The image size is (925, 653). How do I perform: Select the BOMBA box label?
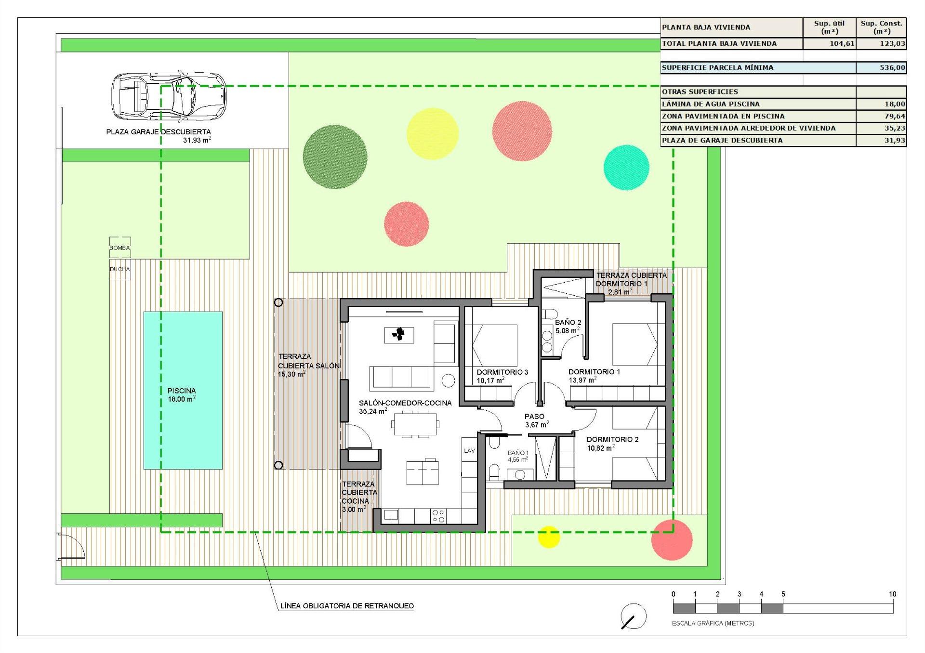(x=119, y=248)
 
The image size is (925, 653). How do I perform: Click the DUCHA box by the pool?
(x=119, y=269)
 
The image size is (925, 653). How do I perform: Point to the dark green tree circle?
(x=335, y=157)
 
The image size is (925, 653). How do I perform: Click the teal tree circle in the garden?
(x=626, y=167)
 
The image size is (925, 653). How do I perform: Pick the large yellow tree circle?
(x=432, y=133)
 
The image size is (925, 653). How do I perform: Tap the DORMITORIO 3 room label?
(x=502, y=372)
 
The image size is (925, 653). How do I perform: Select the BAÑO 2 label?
(x=568, y=322)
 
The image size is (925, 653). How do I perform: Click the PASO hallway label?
(x=534, y=417)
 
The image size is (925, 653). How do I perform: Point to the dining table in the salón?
(x=415, y=425)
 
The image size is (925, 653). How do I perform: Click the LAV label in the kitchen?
(x=469, y=451)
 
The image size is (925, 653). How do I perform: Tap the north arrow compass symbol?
(x=634, y=616)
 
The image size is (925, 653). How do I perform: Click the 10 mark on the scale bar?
(x=892, y=594)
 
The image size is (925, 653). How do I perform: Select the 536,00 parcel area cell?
(x=881, y=68)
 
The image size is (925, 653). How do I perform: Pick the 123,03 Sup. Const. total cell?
(x=881, y=44)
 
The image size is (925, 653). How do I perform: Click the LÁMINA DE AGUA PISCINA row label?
(x=711, y=104)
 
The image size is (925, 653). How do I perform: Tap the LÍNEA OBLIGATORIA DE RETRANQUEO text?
(x=347, y=606)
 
